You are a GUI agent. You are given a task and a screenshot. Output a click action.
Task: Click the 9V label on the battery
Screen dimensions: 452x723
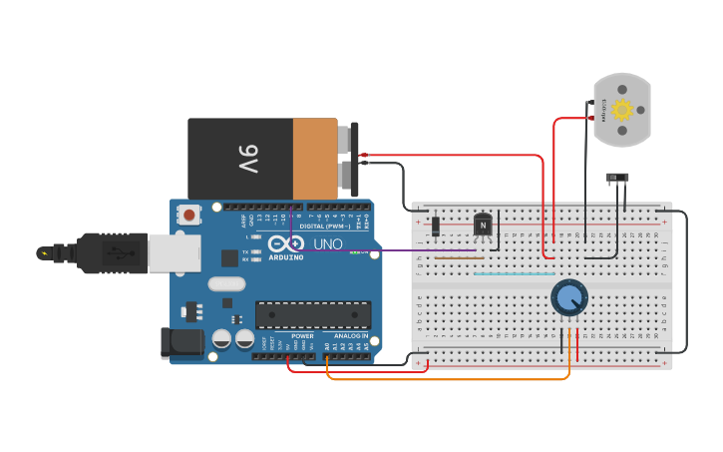pyautogui.click(x=247, y=158)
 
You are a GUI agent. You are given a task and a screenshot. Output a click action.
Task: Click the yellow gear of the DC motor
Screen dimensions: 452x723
pyautogui.click(x=622, y=110)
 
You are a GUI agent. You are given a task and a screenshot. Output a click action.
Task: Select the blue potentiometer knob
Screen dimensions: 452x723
pyautogui.click(x=569, y=297)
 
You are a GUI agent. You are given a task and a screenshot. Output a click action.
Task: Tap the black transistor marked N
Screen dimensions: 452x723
pyautogui.click(x=483, y=226)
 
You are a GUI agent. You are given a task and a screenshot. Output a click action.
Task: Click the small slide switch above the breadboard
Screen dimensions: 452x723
pyautogui.click(x=618, y=179)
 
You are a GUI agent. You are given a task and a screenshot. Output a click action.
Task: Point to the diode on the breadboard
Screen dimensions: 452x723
pyautogui.click(x=436, y=226)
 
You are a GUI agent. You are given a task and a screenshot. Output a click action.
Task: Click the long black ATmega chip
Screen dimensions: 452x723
pyautogui.click(x=313, y=314)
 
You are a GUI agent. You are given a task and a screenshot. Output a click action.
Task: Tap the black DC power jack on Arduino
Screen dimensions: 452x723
pyautogui.click(x=180, y=342)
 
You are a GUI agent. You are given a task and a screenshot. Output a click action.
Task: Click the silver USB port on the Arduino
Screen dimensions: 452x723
pyautogui.click(x=174, y=252)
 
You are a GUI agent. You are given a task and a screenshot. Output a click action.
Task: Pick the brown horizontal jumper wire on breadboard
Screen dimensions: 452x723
pyautogui.click(x=459, y=257)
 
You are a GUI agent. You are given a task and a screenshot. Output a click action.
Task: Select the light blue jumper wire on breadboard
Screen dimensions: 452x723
pyautogui.click(x=514, y=273)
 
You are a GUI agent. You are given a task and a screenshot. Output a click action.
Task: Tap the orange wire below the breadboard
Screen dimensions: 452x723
pyautogui.click(x=449, y=379)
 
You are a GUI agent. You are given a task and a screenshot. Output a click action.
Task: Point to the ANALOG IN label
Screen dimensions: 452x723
pyautogui.click(x=350, y=336)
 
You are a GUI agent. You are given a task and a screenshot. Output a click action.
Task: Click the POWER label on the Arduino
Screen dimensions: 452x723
pyautogui.click(x=302, y=336)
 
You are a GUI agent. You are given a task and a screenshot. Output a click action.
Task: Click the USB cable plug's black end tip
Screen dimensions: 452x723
pyautogui.click(x=45, y=253)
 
